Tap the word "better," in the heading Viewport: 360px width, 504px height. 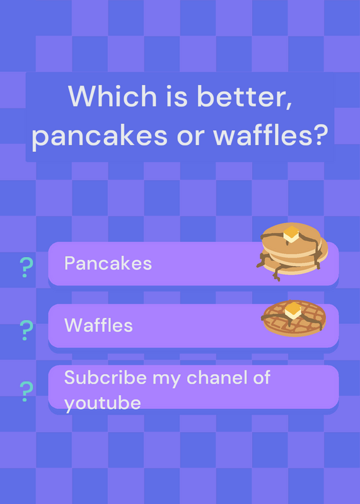244,97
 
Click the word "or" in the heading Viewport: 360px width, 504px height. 190,137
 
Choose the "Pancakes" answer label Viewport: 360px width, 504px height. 108,263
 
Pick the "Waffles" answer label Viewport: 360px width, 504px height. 98,325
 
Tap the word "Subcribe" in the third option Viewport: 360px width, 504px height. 105,377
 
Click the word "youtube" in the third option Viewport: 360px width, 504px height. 103,403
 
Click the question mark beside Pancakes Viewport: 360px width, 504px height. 26,267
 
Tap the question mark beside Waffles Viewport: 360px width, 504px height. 26,330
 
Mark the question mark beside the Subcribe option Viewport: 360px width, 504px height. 26,391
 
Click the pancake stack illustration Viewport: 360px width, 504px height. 293,251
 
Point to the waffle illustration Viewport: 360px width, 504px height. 294,318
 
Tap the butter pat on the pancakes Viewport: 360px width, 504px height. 291,234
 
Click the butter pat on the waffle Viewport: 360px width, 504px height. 293,311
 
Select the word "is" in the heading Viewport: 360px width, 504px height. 177,96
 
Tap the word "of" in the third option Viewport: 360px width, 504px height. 262,377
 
